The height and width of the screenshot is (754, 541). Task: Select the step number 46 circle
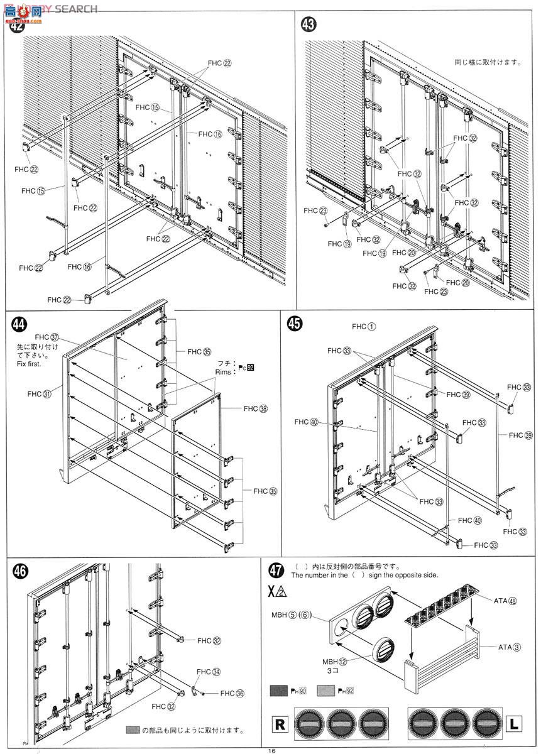(x=21, y=571)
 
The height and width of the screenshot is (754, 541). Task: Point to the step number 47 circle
(x=276, y=571)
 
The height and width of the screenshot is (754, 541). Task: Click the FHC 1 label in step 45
(x=364, y=326)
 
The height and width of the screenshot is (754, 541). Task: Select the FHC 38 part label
(x=255, y=409)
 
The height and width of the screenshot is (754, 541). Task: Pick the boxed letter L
(x=513, y=724)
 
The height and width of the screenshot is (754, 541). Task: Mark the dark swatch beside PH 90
(x=279, y=691)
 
